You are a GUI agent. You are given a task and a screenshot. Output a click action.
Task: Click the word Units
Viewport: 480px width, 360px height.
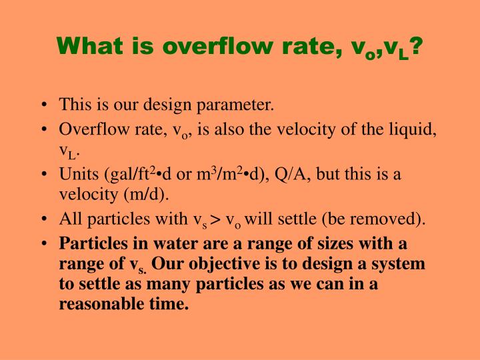[78, 175]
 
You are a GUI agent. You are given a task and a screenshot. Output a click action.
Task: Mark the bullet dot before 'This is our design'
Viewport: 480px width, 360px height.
[43, 105]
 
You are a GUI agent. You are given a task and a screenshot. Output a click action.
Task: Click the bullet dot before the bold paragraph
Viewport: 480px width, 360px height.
[43, 244]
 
